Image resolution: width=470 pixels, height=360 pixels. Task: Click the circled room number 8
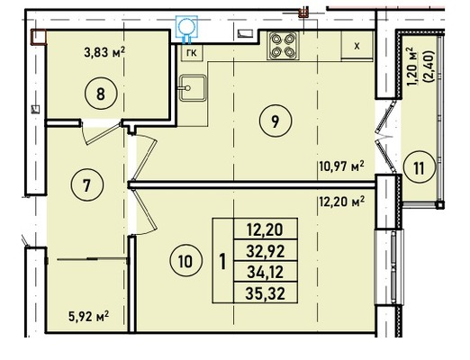101,94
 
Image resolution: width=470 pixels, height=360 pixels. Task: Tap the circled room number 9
276,121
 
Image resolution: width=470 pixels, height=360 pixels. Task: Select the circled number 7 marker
87,185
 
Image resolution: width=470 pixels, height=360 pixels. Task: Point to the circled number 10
185,261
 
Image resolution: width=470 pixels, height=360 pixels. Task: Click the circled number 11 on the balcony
419,167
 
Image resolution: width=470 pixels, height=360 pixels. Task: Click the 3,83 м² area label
104,53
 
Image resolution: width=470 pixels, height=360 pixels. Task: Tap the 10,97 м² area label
341,166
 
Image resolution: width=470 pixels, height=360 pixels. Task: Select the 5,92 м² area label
89,317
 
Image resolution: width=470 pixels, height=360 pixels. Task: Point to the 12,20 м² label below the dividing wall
341,202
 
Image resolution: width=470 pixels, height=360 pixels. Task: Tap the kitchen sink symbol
193,87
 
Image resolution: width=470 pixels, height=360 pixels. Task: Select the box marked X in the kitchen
357,46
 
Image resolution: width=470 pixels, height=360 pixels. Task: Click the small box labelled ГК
192,53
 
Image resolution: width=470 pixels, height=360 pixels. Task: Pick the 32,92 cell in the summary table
266,250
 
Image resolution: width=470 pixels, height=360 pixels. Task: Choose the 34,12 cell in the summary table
266,272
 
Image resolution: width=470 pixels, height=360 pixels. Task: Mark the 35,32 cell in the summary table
266,292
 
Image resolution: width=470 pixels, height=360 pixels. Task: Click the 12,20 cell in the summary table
266,229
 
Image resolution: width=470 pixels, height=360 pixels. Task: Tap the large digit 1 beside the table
222,261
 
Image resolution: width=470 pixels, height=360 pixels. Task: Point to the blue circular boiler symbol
187,26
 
